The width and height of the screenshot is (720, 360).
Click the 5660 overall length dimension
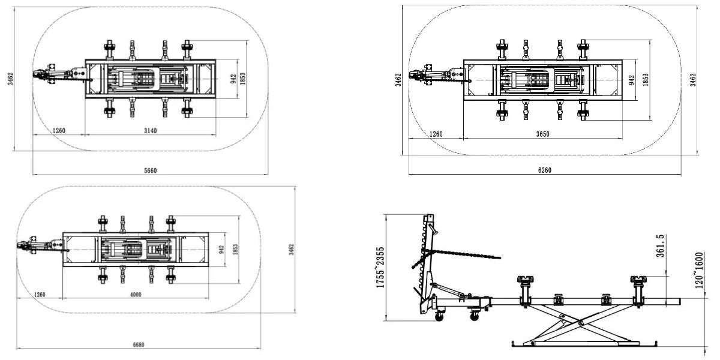(x=150, y=170)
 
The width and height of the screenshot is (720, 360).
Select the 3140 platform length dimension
(x=150, y=131)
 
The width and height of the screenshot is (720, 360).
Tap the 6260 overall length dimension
(x=545, y=170)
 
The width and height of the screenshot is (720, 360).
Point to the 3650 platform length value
(x=542, y=134)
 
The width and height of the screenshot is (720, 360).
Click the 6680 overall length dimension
(x=139, y=344)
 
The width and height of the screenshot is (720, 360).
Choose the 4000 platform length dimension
(x=136, y=295)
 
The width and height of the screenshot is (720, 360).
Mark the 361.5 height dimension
(x=660, y=246)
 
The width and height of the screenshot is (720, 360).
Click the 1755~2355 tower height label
(x=380, y=268)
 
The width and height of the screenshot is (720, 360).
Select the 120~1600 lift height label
(x=699, y=271)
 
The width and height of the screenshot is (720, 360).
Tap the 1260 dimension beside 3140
(x=59, y=131)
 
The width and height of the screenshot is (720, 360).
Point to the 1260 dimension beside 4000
(x=40, y=295)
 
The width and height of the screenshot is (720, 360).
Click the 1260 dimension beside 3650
(x=436, y=134)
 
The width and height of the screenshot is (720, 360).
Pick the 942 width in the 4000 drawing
(x=221, y=250)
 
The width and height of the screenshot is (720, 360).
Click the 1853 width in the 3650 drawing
(x=646, y=80)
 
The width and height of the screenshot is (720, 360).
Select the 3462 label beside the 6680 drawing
(x=291, y=250)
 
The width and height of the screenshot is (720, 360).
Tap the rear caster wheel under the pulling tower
(x=439, y=317)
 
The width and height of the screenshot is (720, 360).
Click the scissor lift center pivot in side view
(x=581, y=323)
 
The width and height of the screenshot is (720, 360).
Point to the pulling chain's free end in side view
(x=499, y=257)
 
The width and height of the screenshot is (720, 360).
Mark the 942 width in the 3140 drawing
(x=233, y=79)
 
